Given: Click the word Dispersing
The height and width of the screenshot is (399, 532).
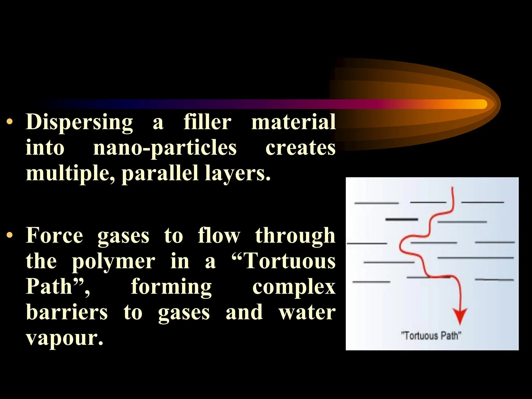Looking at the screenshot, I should (x=79, y=122).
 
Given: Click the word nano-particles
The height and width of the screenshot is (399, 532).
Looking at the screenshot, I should (x=165, y=148).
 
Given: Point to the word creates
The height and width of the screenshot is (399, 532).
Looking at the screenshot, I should (x=300, y=148).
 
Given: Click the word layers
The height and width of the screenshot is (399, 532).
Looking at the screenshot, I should (x=237, y=173).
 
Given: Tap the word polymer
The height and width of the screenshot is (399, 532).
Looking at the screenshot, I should (x=114, y=261).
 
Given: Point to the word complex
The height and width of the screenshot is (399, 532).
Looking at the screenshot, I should (x=294, y=287).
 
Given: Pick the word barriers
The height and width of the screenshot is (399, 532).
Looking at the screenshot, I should (x=67, y=312).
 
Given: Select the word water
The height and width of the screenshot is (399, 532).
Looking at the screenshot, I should (x=307, y=312).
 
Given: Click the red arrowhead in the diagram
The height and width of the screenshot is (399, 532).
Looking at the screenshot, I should (x=460, y=315).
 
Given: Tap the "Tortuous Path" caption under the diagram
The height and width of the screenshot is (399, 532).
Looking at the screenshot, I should (x=431, y=336).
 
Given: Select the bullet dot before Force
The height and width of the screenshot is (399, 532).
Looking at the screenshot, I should (x=10, y=235).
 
